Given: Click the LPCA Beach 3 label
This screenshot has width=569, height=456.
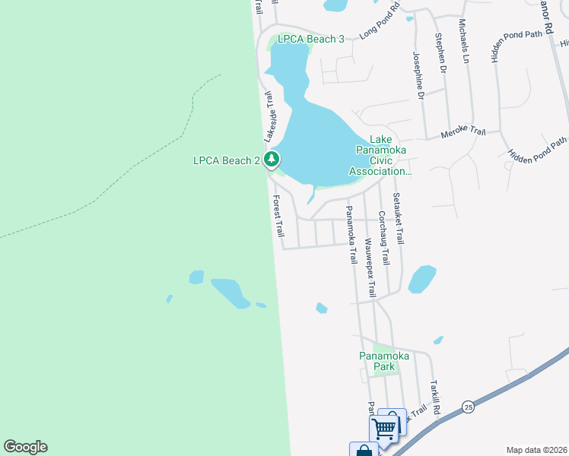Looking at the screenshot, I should point(311,39).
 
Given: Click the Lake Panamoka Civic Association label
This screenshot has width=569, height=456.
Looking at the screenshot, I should point(380,155).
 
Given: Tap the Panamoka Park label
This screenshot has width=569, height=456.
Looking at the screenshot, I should point(385,361).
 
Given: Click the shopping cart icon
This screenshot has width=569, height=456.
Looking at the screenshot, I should point(384,428).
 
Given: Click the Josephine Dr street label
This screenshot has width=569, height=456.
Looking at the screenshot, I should point(418,74).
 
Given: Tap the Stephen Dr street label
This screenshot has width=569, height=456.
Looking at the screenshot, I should point(439,53).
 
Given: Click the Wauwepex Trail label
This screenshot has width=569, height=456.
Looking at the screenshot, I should point(370,265).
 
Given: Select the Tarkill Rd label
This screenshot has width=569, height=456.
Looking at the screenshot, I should point(436,395).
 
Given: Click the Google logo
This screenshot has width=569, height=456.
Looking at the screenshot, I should point(25,447).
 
